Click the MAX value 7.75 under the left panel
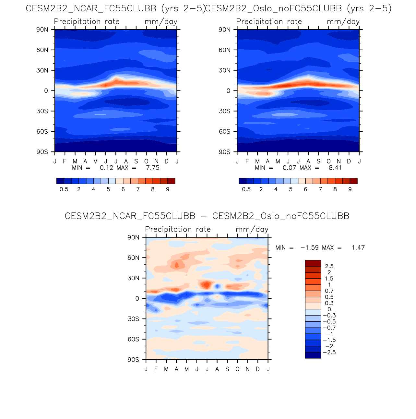[x=153, y=168]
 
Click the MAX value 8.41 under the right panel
[x=335, y=168]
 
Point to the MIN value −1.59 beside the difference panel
[x=310, y=248]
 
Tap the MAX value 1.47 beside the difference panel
[x=358, y=248]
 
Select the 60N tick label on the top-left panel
[x=42, y=50]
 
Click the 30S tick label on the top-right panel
[x=224, y=111]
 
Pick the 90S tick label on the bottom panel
[x=133, y=360]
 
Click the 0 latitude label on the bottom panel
[x=137, y=299]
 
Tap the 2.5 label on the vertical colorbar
[x=329, y=266]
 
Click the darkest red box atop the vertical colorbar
[x=313, y=263]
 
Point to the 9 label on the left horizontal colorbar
[x=168, y=189]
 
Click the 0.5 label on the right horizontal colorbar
[x=246, y=189]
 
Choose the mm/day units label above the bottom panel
[x=252, y=230]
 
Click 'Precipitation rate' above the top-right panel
[x=269, y=22]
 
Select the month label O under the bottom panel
[x=237, y=369]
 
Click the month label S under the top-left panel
[x=136, y=162]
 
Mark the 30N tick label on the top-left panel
[x=42, y=70]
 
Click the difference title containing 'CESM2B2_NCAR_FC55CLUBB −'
[x=207, y=216]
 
